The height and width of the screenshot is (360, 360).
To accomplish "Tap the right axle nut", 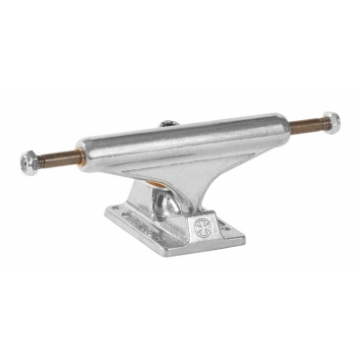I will pyautogui.click(x=331, y=121).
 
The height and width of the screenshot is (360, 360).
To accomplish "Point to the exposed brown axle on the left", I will pyautogui.click(x=57, y=157).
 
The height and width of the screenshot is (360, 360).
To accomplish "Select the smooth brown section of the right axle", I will pyautogui.click(x=299, y=125).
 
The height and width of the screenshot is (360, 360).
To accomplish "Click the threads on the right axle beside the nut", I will pyautogui.click(x=317, y=123).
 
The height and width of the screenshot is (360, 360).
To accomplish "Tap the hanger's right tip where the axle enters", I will pyautogui.click(x=286, y=126).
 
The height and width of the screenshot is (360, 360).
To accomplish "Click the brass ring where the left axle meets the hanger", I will pyautogui.click(x=71, y=155).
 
